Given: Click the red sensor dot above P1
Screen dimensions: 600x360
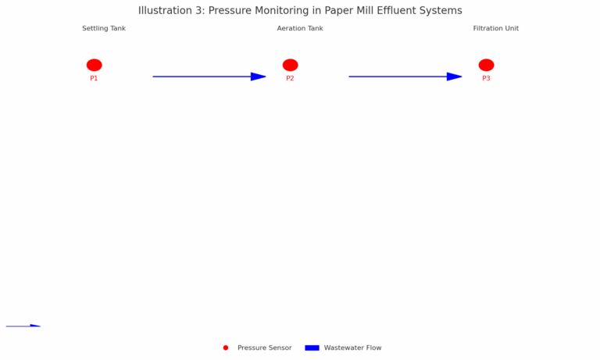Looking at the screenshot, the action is [x=94, y=65].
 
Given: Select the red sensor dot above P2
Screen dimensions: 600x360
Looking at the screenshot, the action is [x=290, y=65].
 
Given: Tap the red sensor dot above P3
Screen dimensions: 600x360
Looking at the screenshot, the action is [x=486, y=65].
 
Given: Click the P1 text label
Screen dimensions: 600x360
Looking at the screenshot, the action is [x=94, y=78].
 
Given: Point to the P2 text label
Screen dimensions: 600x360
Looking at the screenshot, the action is [x=290, y=78].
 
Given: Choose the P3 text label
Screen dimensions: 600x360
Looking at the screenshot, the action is [x=486, y=78].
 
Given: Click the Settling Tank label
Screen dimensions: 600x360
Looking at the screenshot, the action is [x=104, y=29].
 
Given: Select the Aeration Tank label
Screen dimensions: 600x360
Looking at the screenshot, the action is [x=300, y=28].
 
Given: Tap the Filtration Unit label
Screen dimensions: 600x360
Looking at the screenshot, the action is [x=496, y=28].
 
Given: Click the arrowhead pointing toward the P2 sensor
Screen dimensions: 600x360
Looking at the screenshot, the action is [x=259, y=77].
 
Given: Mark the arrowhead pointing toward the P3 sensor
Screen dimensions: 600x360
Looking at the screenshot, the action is [x=454, y=77].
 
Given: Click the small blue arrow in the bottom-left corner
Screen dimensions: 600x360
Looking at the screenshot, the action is [x=23, y=326].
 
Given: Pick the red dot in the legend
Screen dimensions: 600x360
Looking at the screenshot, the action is [x=226, y=348].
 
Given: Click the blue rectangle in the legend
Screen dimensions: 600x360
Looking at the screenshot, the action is [x=312, y=348].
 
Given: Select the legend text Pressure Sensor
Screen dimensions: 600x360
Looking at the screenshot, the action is [x=264, y=348].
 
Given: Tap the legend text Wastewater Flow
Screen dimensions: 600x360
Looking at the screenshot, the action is [x=353, y=348].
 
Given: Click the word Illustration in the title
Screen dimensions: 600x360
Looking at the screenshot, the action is [x=163, y=10].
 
